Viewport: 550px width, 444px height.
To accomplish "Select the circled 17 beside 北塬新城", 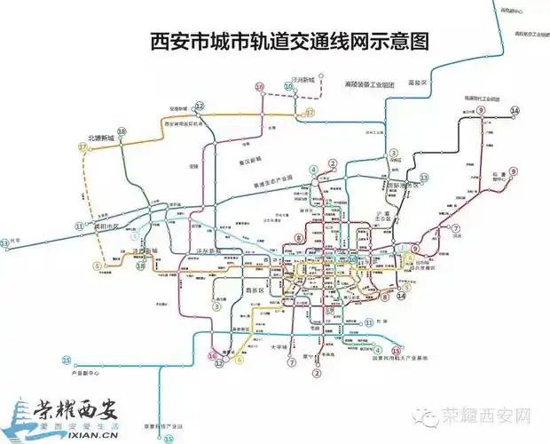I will [x=82, y=147].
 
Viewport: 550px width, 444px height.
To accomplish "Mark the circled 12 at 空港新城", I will [x=200, y=107].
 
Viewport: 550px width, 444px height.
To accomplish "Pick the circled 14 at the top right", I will [x=514, y=111].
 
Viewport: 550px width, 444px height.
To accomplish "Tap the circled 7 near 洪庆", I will [x=455, y=228].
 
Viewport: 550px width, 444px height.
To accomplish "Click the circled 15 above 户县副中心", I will [x=67, y=360].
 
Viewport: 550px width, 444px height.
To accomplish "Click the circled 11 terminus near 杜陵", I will [x=368, y=323].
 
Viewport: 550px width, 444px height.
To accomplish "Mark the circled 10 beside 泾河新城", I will [x=260, y=87].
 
